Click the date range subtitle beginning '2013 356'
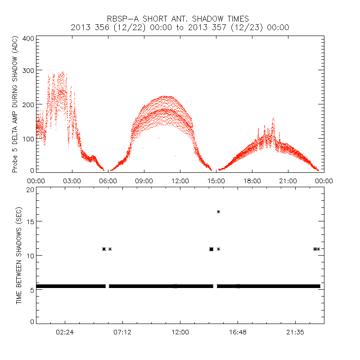[180, 27]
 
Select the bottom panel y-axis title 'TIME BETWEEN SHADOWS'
[19, 255]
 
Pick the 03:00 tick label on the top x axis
[72, 180]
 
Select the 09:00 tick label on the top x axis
[144, 180]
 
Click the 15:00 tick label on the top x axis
[216, 180]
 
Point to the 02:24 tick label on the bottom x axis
[65, 332]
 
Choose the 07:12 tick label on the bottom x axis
[122, 332]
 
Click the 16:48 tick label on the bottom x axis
[238, 332]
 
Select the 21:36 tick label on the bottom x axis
[295, 332]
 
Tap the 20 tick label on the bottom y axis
[30, 189]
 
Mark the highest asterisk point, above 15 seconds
[218, 211]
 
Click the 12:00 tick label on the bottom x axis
[180, 332]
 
